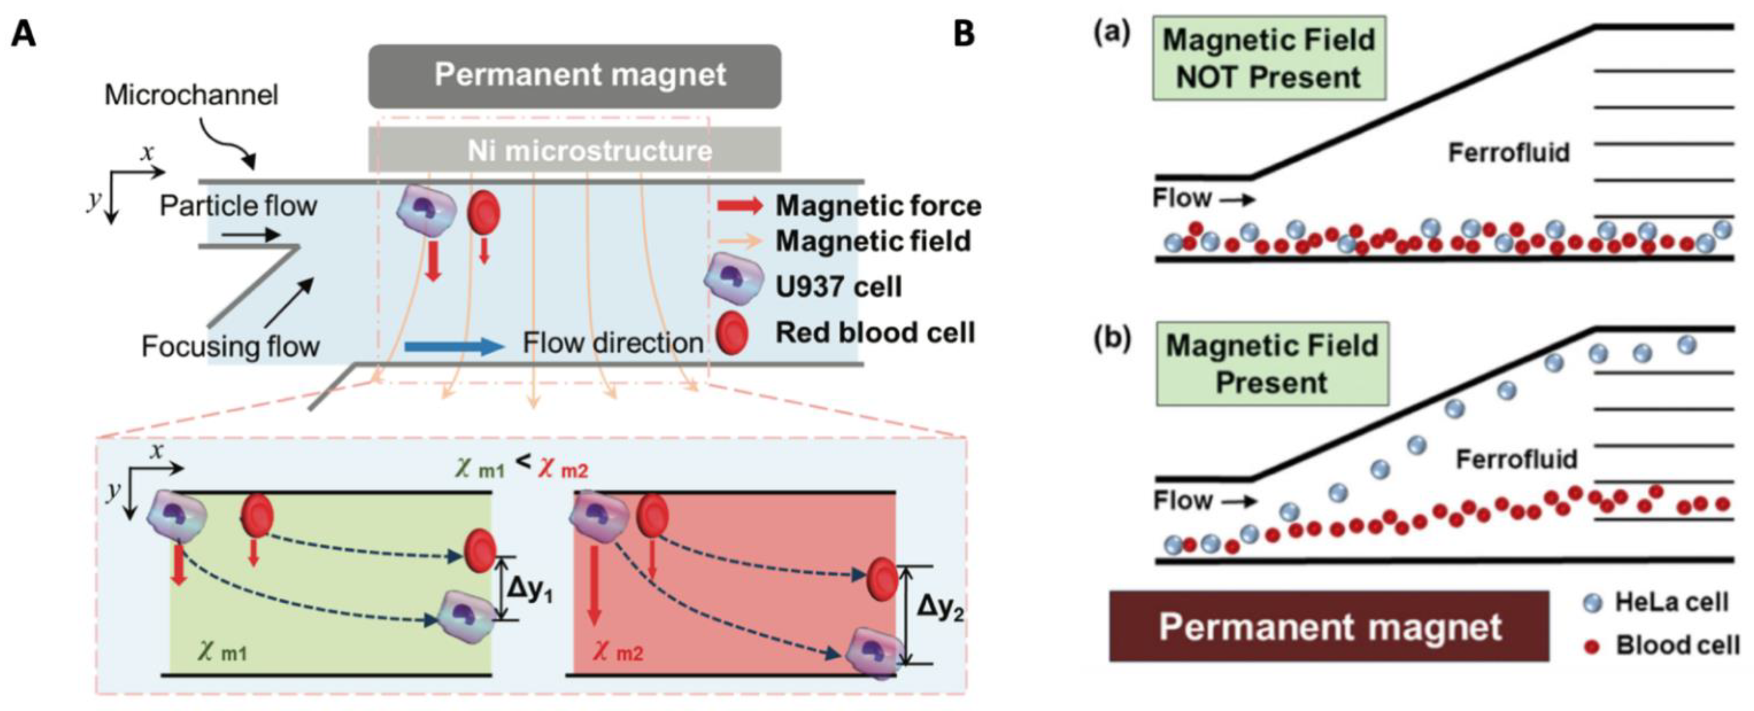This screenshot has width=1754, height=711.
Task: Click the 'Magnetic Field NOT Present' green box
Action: tap(1268, 59)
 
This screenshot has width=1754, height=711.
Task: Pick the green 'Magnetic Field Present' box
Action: tap(1272, 364)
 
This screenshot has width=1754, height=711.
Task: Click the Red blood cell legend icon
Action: tap(732, 333)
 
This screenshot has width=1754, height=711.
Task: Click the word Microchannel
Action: tap(191, 94)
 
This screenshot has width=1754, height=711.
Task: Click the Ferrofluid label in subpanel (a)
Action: tap(1508, 152)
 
